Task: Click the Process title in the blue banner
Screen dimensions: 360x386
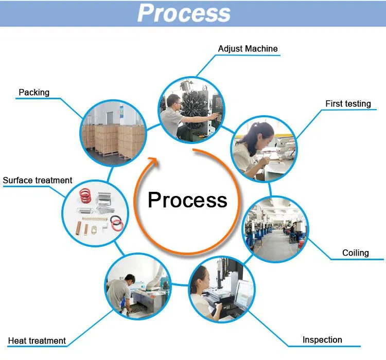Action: (x=184, y=13)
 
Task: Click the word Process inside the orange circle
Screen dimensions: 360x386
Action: (x=187, y=200)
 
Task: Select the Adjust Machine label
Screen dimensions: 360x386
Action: (x=248, y=49)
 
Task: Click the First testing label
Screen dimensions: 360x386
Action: (x=348, y=104)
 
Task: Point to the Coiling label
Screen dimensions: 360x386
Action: (x=356, y=253)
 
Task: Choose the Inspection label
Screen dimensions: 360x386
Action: (x=322, y=340)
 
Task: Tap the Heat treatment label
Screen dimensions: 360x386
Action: (x=37, y=341)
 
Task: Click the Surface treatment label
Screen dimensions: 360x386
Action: (x=38, y=181)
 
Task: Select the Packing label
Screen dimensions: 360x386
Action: (x=34, y=93)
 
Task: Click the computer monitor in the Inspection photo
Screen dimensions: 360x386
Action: (x=243, y=293)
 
